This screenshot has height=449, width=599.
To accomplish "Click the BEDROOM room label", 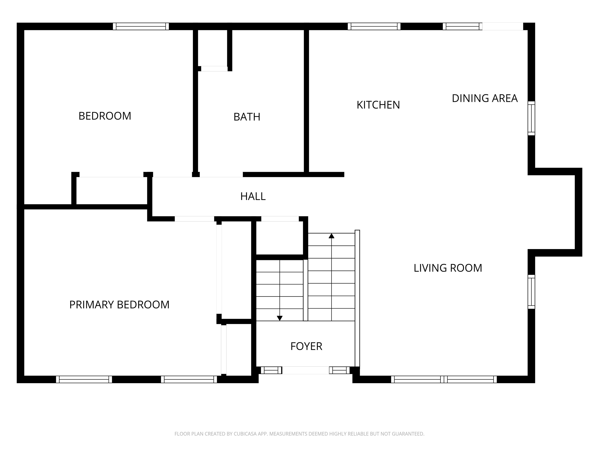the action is coord(105,116).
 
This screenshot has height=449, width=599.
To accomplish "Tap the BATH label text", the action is coord(247,117).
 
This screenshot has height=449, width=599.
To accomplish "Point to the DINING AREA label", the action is coord(485,98).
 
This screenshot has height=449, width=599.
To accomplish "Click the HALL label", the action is coord(253,196).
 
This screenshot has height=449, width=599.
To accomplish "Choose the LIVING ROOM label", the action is coord(448,268).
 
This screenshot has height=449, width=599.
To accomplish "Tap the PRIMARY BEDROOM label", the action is coord(119,305).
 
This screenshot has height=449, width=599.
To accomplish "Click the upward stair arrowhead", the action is coord(331,236).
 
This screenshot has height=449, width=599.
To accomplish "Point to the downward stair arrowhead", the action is coord(280,318).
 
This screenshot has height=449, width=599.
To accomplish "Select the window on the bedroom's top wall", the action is coord(141,26).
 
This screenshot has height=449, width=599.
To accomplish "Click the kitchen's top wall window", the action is coord(374,26).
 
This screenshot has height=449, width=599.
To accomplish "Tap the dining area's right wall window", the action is coord(531,118).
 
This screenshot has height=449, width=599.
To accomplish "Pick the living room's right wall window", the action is coord(531,292).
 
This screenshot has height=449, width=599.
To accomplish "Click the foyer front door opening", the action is coord(306,370).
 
